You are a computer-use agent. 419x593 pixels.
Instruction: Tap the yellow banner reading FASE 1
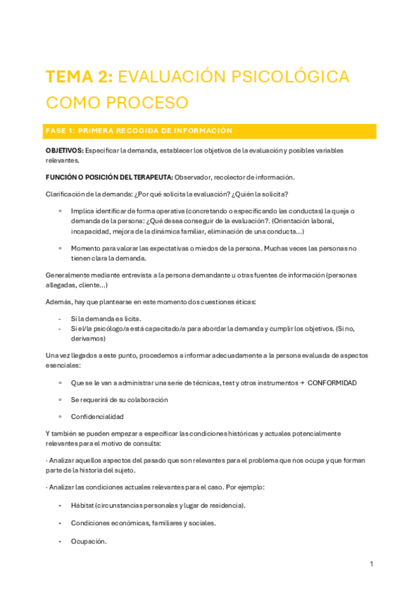pyautogui.click(x=211, y=131)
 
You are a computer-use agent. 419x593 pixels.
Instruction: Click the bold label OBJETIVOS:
pyautogui.click(x=64, y=151)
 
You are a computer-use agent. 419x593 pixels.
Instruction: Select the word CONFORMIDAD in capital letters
pyautogui.click(x=332, y=383)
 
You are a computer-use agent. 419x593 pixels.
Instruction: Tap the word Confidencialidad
pyautogui.click(x=97, y=417)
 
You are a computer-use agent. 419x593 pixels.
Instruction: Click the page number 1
pyautogui.click(x=371, y=564)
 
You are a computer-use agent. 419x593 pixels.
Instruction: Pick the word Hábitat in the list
pyautogui.click(x=84, y=506)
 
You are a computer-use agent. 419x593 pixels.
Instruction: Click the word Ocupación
pyautogui.click(x=89, y=541)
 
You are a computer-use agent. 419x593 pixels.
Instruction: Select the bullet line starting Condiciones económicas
pyautogui.click(x=143, y=523)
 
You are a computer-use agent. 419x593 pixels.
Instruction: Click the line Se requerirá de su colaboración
pyautogui.click(x=119, y=400)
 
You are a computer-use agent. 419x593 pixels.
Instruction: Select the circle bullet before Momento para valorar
pyautogui.click(x=61, y=248)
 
